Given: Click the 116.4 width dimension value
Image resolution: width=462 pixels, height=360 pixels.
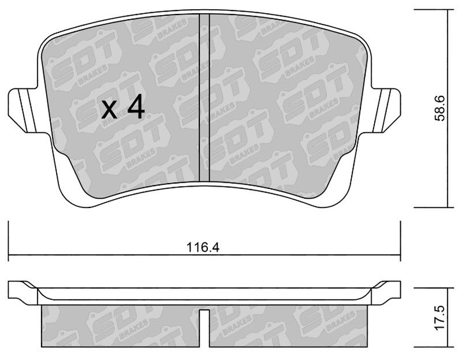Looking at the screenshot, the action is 203,247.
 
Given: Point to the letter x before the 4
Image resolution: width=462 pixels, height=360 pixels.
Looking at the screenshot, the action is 109,110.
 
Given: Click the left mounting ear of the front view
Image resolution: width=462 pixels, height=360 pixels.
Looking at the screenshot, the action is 24,110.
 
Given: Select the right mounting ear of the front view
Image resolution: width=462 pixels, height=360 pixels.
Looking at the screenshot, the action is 386,110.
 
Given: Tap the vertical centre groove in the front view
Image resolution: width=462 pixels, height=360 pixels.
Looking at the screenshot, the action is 204,97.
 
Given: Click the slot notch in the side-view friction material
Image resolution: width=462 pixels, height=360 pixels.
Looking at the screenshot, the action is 204,327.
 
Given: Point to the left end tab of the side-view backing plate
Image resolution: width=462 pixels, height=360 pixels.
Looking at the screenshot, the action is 23,292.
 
